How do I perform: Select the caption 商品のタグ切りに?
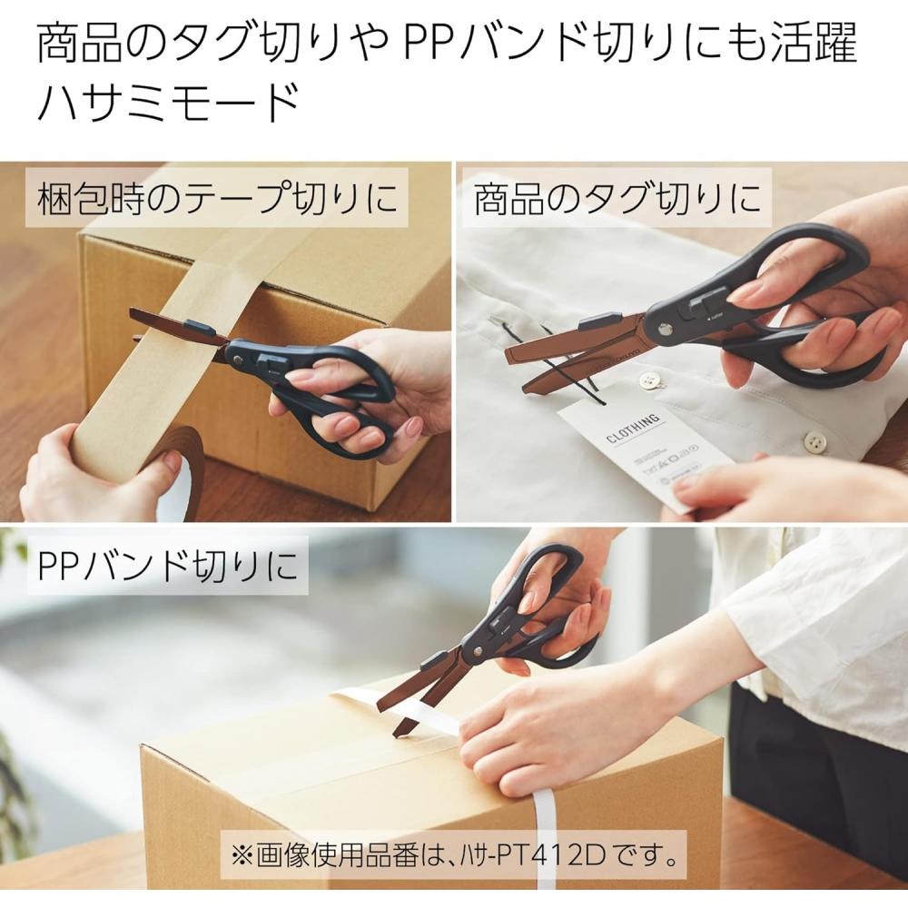click(x=617, y=197)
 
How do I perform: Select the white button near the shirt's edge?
click(x=814, y=443)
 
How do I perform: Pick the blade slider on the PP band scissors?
click(x=434, y=659)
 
